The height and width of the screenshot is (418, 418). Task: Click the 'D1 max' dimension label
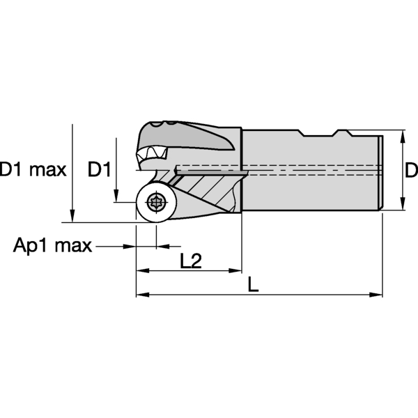[32, 169]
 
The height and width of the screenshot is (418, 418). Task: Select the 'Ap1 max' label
[52, 245]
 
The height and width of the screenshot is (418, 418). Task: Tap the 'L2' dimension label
[190, 261]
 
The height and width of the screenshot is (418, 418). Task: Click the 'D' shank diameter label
[411, 169]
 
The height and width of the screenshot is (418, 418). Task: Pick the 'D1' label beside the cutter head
[100, 169]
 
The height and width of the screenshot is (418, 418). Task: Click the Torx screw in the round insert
[155, 203]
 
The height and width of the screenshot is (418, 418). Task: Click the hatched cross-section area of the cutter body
[209, 188]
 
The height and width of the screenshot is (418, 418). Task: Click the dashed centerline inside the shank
[313, 169]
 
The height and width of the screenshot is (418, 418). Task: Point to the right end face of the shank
[380, 171]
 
